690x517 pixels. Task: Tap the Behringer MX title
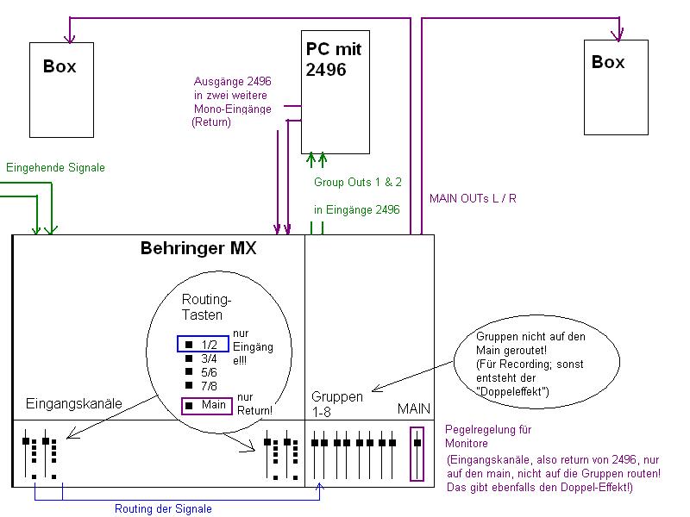point(198,249)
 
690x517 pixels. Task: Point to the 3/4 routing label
point(209,358)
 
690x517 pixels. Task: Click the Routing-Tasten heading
point(207,307)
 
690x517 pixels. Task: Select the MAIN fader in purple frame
point(417,453)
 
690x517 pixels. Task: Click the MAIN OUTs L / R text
point(473,199)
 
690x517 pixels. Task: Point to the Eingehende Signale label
point(55,168)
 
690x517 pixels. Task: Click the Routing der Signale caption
point(163,508)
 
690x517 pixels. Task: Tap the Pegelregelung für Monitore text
point(488,436)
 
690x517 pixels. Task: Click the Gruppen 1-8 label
point(336,403)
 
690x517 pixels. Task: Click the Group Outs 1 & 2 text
point(357,183)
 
